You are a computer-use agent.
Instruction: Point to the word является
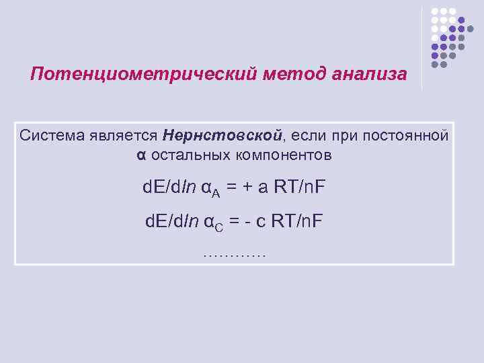click(122, 136)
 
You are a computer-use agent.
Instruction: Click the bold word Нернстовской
click(220, 136)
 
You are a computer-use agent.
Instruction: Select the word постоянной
click(405, 136)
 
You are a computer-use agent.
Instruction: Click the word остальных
click(190, 155)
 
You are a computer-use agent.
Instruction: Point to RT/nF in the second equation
click(298, 220)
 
